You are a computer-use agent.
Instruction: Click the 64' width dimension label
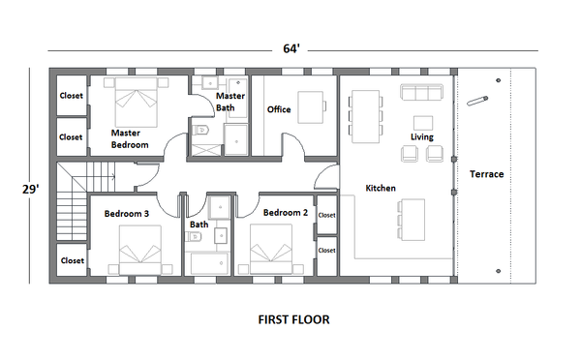tap(290, 47)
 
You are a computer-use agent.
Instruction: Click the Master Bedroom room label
tap(130, 138)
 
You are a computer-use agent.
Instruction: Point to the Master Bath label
tap(230, 102)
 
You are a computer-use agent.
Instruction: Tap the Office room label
tap(279, 109)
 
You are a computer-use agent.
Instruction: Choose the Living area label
tap(421, 137)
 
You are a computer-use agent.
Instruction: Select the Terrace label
tap(486, 174)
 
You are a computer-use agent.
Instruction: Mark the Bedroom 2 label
tap(285, 212)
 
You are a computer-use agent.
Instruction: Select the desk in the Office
tap(310, 104)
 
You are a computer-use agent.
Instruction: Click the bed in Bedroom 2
tap(272, 251)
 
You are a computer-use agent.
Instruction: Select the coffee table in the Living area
tap(422, 122)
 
